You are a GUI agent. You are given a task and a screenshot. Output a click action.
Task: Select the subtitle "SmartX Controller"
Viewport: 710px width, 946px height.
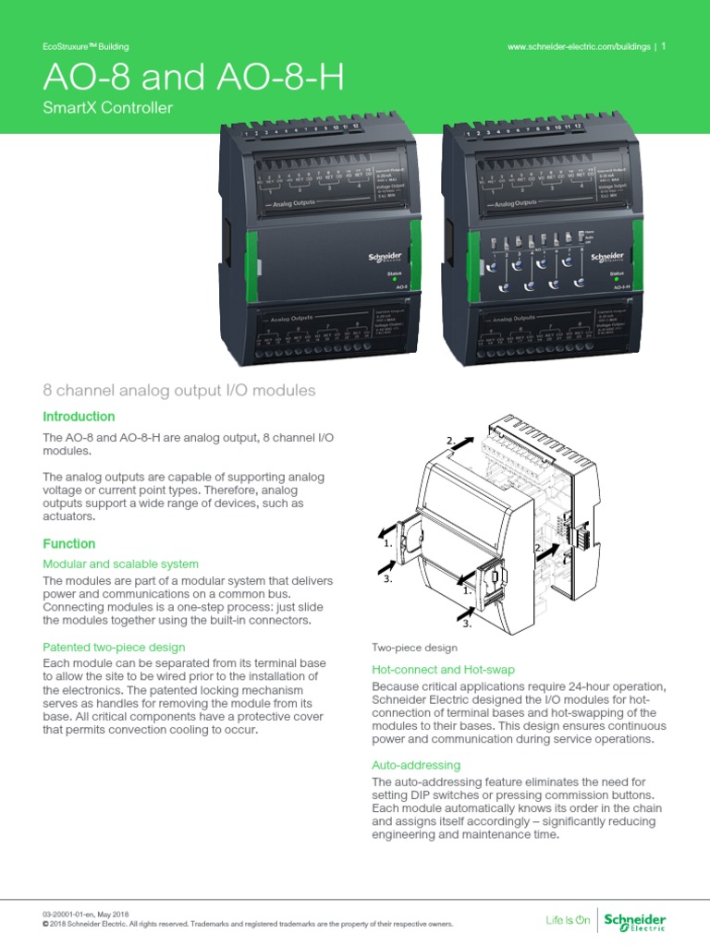coord(108,109)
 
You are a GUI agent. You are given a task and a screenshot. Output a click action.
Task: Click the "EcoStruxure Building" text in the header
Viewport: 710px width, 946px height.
coord(86,46)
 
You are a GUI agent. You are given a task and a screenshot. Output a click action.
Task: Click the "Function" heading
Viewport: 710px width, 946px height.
coord(69,544)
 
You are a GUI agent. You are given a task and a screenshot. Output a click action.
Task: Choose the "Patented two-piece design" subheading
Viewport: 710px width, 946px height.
coord(115,648)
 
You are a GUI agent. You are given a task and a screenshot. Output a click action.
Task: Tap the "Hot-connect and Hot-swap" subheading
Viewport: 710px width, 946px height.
coord(443,669)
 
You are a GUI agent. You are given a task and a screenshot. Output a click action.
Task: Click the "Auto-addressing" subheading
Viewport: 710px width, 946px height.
coord(416,766)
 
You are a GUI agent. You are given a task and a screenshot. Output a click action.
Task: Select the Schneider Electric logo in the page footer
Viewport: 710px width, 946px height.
coord(634,919)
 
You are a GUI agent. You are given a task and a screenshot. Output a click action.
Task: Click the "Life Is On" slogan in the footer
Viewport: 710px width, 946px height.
coord(568,920)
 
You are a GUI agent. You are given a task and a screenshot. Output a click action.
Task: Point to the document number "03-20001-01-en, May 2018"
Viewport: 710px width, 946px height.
coord(97,913)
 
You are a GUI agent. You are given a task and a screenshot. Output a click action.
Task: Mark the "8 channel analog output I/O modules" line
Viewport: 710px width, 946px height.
coord(179,391)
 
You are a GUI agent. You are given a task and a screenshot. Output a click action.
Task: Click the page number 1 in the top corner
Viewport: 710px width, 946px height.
coord(664,46)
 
